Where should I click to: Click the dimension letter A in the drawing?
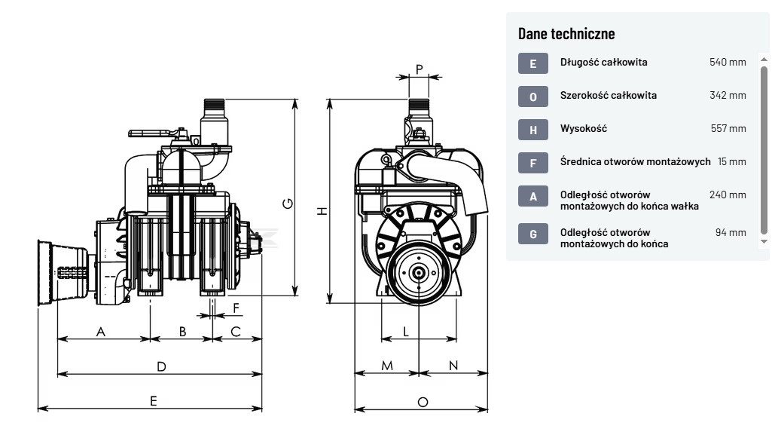pyautogui.click(x=101, y=331)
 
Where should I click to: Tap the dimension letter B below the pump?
pyautogui.click(x=182, y=331)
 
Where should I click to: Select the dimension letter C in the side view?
pyautogui.click(x=236, y=331)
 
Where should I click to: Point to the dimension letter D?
pyautogui.click(x=161, y=366)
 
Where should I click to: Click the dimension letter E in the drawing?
pyautogui.click(x=154, y=401)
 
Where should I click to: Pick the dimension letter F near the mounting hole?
pyautogui.click(x=236, y=308)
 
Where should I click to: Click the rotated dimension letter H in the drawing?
pyautogui.click(x=322, y=211)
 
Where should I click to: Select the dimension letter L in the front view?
pyautogui.click(x=406, y=331)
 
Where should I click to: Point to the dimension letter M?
pyautogui.click(x=387, y=366)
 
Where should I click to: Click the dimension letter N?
pyautogui.click(x=453, y=366)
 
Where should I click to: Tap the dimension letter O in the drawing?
pyautogui.click(x=423, y=402)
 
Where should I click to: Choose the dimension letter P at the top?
pyautogui.click(x=420, y=69)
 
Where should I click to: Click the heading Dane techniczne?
pyautogui.click(x=566, y=33)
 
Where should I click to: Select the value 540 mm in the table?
pyautogui.click(x=728, y=62)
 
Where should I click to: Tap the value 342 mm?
pyautogui.click(x=728, y=95)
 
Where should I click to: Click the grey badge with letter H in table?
pyautogui.click(x=533, y=130)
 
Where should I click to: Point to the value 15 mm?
pyautogui.click(x=732, y=161)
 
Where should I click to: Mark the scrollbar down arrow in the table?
pyautogui.click(x=764, y=241)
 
